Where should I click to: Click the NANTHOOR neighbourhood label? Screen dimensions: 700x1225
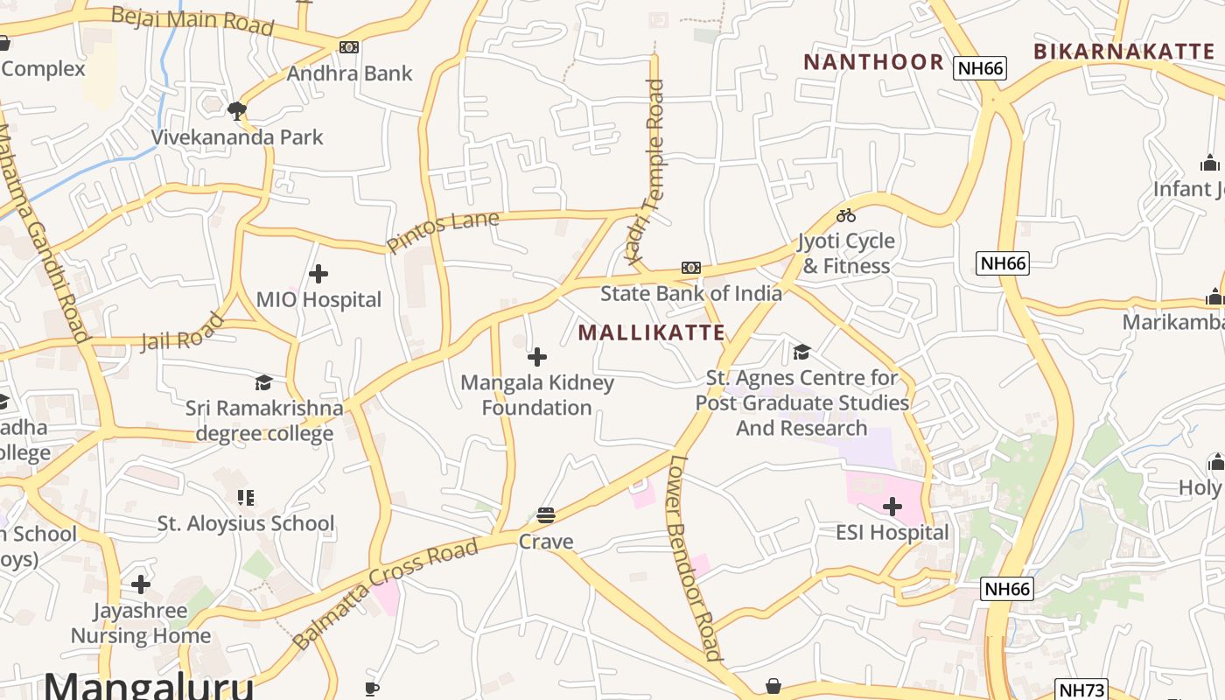click(x=873, y=62)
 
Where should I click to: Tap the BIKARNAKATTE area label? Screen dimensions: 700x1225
click(x=1123, y=52)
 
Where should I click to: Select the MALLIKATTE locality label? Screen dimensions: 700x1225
click(x=652, y=332)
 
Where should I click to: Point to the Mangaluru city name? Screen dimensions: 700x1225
click(x=149, y=685)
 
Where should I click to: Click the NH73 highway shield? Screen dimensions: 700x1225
click(x=1081, y=689)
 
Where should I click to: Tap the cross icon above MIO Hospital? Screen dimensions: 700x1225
click(x=318, y=274)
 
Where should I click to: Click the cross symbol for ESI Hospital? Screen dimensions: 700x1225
click(x=892, y=507)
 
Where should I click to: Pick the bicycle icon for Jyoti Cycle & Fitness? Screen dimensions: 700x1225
click(x=846, y=215)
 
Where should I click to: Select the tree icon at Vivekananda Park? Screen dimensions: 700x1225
click(x=236, y=111)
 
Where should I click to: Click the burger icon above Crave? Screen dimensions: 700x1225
click(x=546, y=515)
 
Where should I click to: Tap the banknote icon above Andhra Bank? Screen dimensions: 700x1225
click(x=349, y=47)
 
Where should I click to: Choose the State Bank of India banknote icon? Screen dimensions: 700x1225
click(x=691, y=268)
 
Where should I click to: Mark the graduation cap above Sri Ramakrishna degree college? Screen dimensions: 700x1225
click(x=263, y=382)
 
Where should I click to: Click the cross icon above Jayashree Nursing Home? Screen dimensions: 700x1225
click(x=141, y=584)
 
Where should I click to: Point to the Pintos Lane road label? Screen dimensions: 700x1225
click(x=443, y=232)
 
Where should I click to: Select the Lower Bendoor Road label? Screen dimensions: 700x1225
click(x=695, y=557)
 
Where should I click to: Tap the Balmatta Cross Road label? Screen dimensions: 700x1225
click(x=386, y=593)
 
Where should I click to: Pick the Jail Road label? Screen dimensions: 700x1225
click(x=183, y=333)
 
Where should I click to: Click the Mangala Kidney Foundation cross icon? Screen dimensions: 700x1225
click(x=537, y=357)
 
